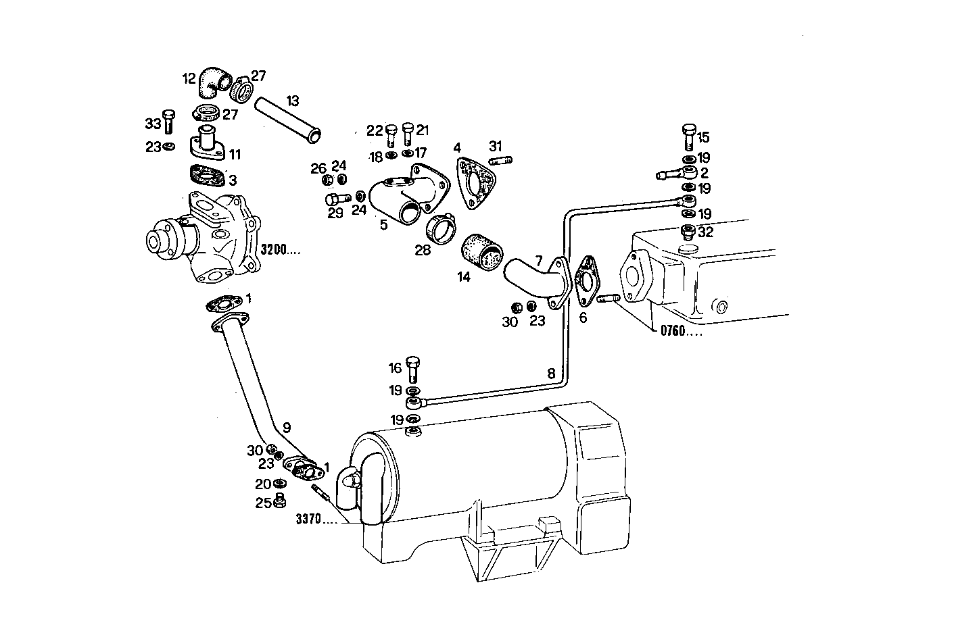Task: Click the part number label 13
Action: click(x=292, y=101)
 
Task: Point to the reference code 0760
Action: click(x=676, y=332)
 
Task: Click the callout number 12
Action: click(x=189, y=78)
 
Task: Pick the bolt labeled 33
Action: click(x=169, y=122)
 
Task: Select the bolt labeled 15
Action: click(x=688, y=136)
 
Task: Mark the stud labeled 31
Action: click(x=500, y=160)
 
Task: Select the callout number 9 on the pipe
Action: click(x=287, y=427)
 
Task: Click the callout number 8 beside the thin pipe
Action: click(x=551, y=373)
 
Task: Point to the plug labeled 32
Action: click(x=687, y=232)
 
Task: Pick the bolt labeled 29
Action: click(x=335, y=199)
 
